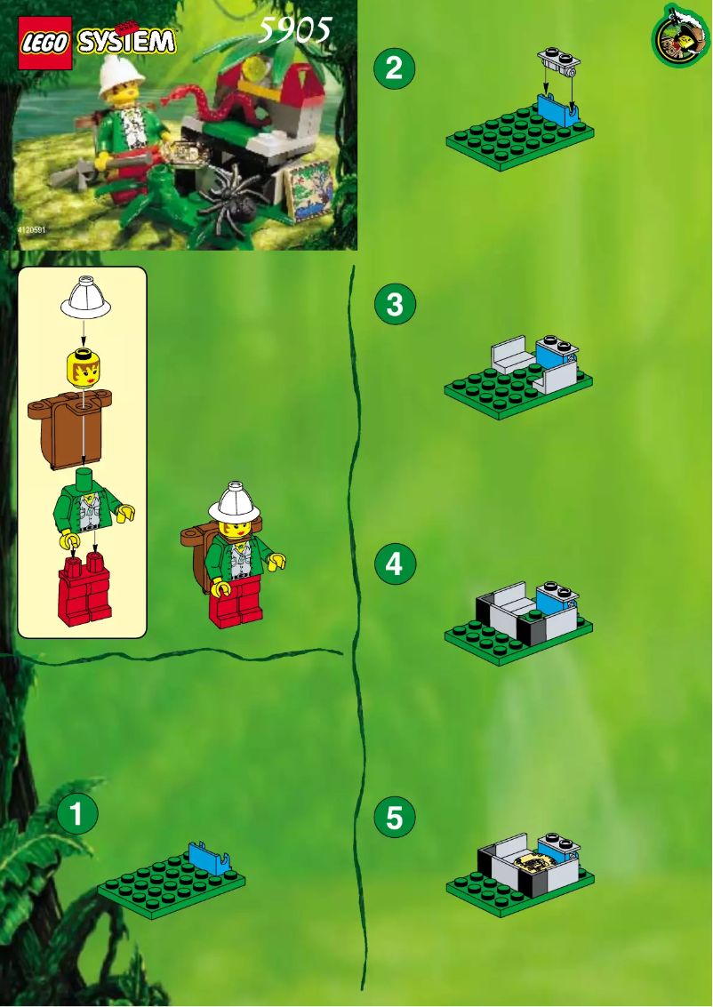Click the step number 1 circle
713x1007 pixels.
click(x=77, y=814)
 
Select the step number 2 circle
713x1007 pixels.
click(x=395, y=69)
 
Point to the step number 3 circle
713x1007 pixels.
click(x=395, y=305)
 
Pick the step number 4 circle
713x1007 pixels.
click(x=395, y=564)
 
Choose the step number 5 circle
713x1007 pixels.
click(x=395, y=819)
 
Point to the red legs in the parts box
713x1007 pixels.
click(x=84, y=591)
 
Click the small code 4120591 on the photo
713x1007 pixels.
click(x=30, y=230)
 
